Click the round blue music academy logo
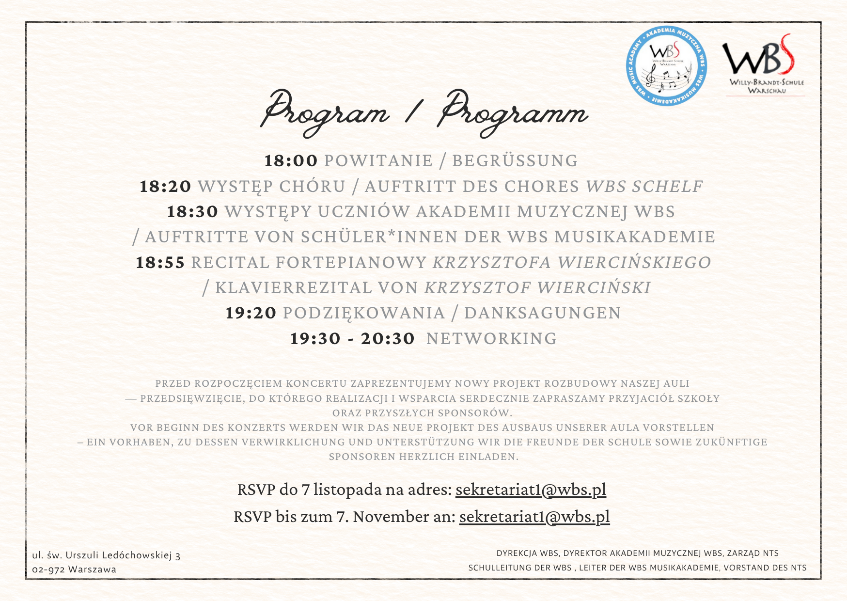click(666, 66)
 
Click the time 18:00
click(291, 161)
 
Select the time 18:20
click(166, 187)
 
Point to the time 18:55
click(160, 263)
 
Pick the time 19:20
click(251, 313)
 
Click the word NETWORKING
click(491, 339)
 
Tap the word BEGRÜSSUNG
click(515, 161)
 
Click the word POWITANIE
click(378, 161)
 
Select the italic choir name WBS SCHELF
click(644, 187)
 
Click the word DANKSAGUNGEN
click(542, 313)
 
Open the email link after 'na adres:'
click(531, 490)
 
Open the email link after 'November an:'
click(534, 517)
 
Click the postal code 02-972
click(48, 569)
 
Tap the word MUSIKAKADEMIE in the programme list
click(635, 237)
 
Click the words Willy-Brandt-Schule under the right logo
click(767, 82)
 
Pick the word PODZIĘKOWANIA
click(364, 313)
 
